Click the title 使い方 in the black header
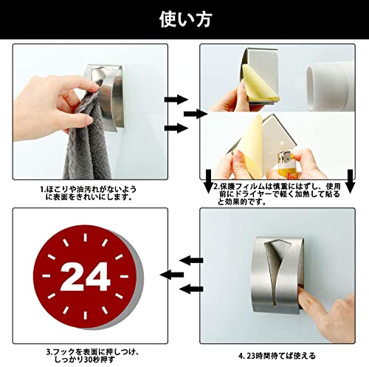(186, 19)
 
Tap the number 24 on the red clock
(85, 276)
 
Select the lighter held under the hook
(285, 163)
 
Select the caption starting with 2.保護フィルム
(277, 193)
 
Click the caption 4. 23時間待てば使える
(277, 356)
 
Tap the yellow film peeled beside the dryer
(258, 83)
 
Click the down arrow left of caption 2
(208, 182)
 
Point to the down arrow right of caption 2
(350, 182)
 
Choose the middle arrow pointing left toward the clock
(172, 275)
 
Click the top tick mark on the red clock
(86, 238)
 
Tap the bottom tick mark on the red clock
(86, 315)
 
